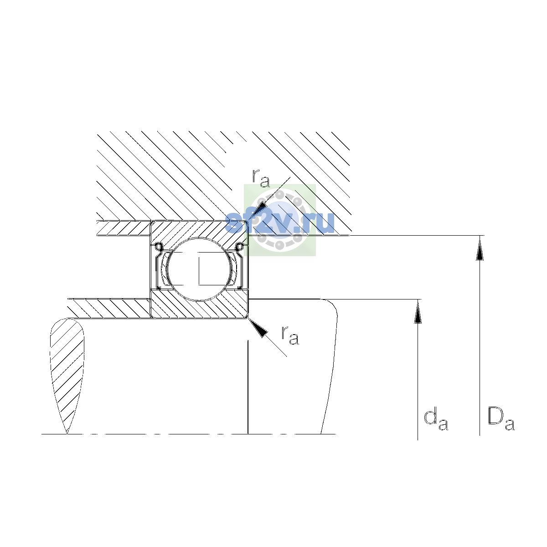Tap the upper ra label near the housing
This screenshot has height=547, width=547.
click(x=261, y=179)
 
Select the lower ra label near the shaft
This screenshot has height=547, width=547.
click(x=290, y=335)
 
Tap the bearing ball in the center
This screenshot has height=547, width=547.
click(x=200, y=269)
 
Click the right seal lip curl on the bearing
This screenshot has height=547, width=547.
click(x=240, y=247)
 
